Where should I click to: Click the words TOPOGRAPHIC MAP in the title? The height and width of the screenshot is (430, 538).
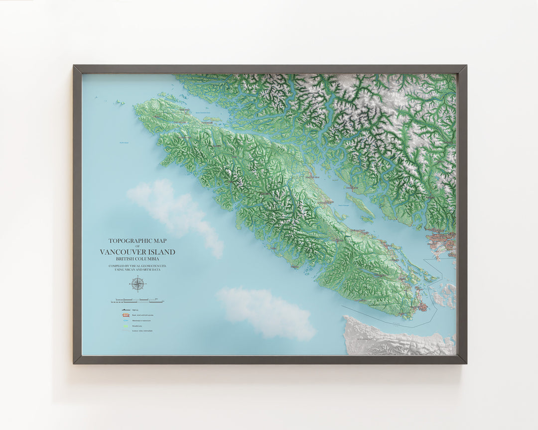point(137,241)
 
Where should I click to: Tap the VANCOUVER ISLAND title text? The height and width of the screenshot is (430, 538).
point(137,252)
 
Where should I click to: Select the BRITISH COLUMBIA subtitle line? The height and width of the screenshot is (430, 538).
point(137,259)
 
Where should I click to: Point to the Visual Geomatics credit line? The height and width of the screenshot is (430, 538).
point(137,266)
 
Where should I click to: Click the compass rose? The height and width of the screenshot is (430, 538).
point(137,284)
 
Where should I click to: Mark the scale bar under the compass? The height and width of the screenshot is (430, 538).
point(137,301)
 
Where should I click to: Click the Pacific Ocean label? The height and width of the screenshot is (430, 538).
point(124,143)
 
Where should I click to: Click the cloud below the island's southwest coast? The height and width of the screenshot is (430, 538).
point(267,313)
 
